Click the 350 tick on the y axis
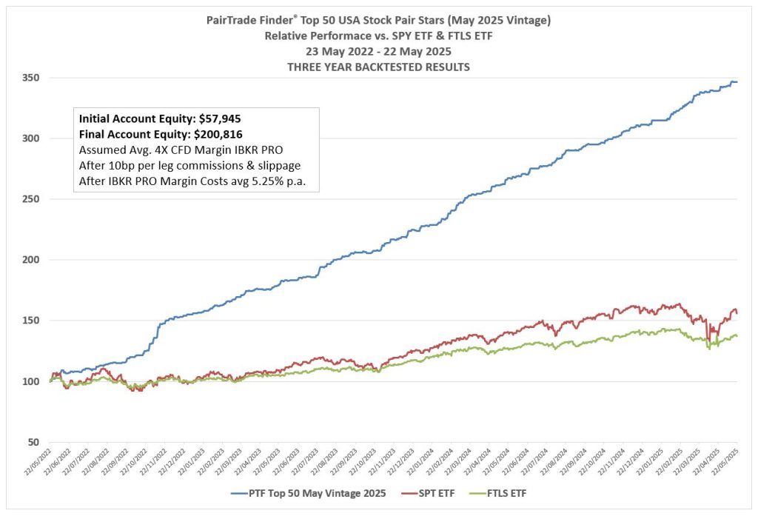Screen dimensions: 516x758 [33, 78]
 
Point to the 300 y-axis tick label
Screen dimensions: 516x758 [33, 138]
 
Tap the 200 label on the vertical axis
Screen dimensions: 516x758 [33, 260]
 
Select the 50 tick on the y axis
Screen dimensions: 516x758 [36, 442]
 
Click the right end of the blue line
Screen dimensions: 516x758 [737, 81]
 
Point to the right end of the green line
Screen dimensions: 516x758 [737, 336]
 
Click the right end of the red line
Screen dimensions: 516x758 [737, 313]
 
